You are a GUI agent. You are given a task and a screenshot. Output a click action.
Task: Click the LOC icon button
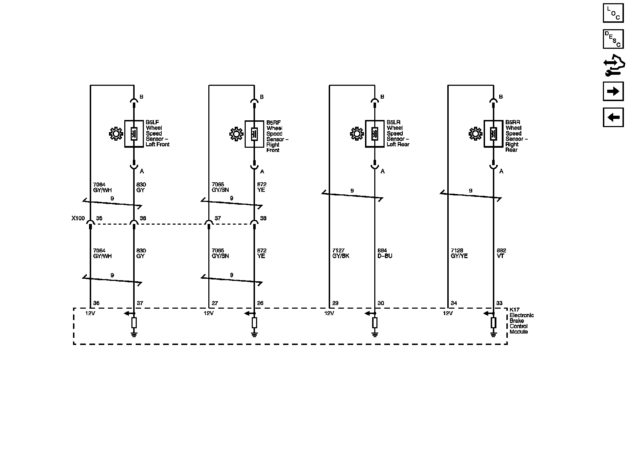[x=613, y=13]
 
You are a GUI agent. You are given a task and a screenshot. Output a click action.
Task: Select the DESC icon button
[x=613, y=39]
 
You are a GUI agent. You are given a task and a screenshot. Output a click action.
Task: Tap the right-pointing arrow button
[x=613, y=91]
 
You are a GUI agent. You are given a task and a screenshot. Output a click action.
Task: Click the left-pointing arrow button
[x=613, y=117]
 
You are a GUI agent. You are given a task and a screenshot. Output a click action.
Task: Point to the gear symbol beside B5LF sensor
[x=116, y=134]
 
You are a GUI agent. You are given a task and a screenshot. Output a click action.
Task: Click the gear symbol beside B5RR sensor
[x=475, y=134]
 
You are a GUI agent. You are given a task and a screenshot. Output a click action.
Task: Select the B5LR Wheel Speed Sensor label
[x=398, y=134]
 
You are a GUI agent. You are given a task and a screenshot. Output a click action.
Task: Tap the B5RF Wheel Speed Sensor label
[x=277, y=136]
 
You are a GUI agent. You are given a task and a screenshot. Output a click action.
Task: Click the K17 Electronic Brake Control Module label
[x=521, y=321]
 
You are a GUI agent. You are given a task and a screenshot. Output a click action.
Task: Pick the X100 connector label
[x=78, y=218]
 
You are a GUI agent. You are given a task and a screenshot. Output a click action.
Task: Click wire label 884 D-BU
[x=385, y=253]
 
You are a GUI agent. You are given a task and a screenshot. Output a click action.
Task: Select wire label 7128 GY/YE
[x=459, y=253]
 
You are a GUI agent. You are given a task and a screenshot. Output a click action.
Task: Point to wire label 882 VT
[x=501, y=253]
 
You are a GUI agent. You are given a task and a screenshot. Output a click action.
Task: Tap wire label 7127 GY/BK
[x=340, y=253]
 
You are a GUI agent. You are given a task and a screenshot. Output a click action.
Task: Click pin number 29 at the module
[x=335, y=303]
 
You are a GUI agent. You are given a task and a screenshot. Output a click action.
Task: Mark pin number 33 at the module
[x=499, y=303]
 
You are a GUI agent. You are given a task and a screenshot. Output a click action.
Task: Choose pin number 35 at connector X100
[x=99, y=218]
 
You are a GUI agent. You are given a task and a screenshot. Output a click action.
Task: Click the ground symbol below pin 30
[x=375, y=334]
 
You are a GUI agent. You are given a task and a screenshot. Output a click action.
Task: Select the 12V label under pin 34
[x=448, y=313]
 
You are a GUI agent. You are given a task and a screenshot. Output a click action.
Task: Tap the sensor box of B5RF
[x=254, y=134]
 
